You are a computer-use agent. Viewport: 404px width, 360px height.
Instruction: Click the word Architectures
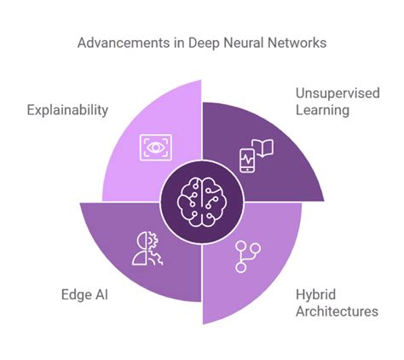[x=337, y=311]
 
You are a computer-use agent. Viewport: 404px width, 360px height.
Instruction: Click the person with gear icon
[x=143, y=248]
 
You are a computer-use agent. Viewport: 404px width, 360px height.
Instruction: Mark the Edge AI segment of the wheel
[x=128, y=247]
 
